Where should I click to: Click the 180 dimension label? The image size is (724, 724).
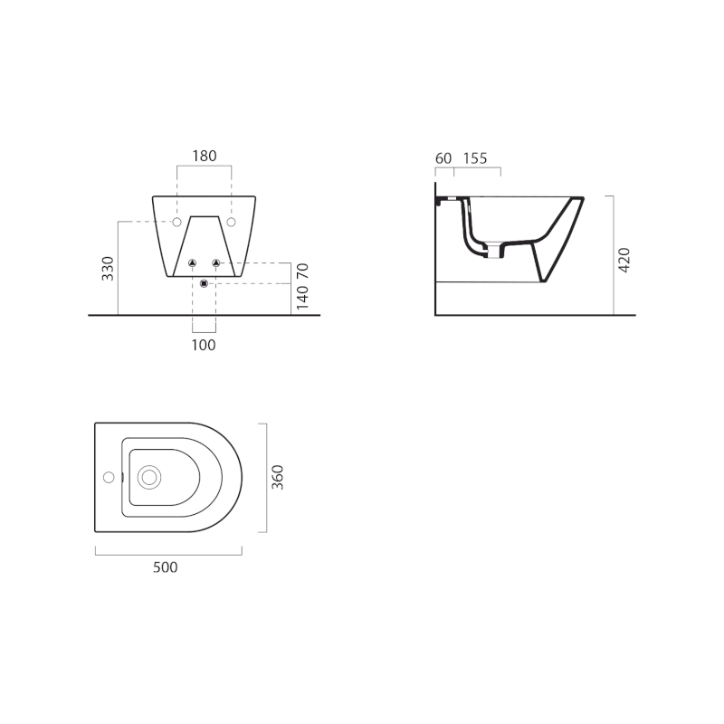point(205,156)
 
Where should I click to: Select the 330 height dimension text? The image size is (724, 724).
point(108,268)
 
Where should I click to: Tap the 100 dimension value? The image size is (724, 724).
point(204,345)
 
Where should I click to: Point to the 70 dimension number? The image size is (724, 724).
point(302,271)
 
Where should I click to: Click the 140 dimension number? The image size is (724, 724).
point(302,298)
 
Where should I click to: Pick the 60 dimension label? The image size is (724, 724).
point(443,158)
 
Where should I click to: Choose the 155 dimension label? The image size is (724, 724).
point(475,158)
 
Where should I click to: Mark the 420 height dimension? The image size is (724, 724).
point(624,260)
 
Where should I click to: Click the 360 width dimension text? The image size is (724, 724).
point(277,478)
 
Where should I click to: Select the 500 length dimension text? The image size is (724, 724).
point(166,567)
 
